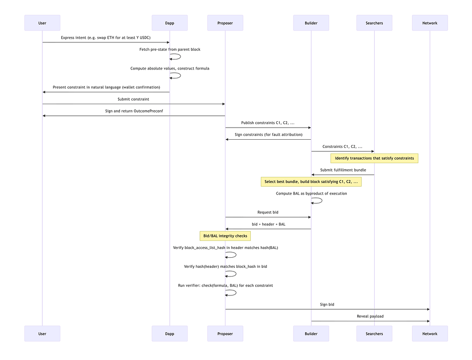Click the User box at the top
[42, 23]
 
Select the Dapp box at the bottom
[170, 333]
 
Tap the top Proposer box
[225, 23]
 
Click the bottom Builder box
[311, 333]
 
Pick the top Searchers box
[374, 23]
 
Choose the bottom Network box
[430, 333]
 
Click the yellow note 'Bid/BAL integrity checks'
[225, 236]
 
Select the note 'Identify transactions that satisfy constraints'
[374, 158]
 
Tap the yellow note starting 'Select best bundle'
[311, 182]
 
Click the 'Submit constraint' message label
[133, 99]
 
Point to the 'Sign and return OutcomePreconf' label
[133, 111]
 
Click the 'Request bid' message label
[268, 212]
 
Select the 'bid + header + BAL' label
[268, 224]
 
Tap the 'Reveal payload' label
[370, 316]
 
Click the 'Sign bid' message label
[327, 305]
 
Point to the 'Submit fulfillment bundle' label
[343, 170]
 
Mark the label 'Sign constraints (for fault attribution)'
[268, 135]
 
